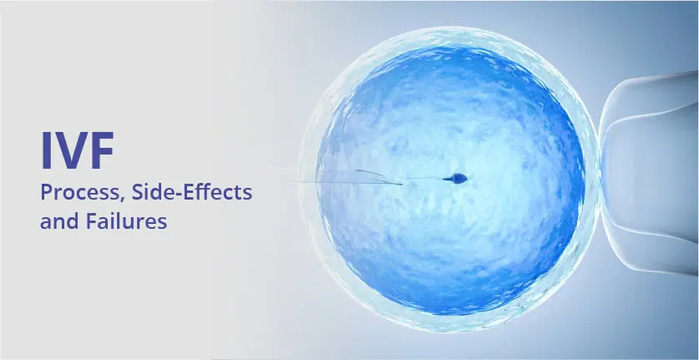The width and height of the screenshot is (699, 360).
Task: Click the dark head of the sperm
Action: pos(458,177)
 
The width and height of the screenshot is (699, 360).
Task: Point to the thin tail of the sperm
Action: pos(430,179)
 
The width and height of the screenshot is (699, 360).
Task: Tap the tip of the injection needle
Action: pos(403,183)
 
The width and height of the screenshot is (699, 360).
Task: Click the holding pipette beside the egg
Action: pos(647,175)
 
